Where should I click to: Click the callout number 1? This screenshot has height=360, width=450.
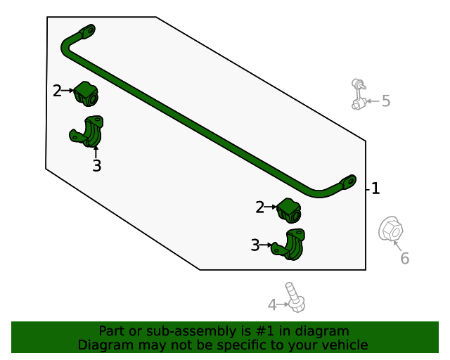(x=375, y=188)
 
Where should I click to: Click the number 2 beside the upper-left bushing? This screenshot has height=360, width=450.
(x=57, y=91)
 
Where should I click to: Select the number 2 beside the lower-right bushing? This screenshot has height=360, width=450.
(x=259, y=207)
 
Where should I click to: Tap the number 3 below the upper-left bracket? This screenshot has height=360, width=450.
(x=97, y=166)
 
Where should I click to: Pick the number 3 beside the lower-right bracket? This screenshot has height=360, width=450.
(x=255, y=245)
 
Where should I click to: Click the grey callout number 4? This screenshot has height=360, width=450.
(x=272, y=304)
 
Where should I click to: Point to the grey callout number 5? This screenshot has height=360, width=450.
(x=385, y=101)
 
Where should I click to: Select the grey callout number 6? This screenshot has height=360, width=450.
(x=404, y=259)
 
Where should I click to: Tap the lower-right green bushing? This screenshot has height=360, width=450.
(x=289, y=210)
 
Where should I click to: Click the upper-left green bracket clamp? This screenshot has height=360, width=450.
(x=88, y=131)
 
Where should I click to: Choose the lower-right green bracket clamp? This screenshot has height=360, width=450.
(x=290, y=245)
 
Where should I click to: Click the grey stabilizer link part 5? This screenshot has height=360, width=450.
(x=359, y=95)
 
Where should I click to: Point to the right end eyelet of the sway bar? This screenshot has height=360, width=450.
(x=349, y=181)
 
